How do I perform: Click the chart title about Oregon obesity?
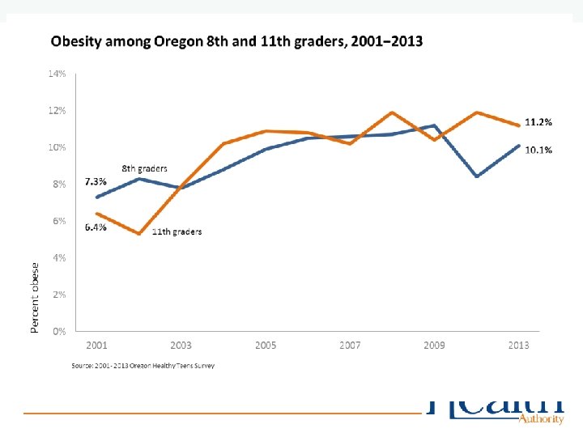236,41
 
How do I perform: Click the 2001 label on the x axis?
97,346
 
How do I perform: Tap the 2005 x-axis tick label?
266,346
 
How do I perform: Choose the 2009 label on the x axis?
434,346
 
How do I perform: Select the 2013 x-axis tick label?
518,346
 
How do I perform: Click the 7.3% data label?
96,183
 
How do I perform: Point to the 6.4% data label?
96,227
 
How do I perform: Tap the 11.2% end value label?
538,122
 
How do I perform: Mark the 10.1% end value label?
538,151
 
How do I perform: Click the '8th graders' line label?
145,168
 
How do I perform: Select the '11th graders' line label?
177,232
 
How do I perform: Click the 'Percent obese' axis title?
35,297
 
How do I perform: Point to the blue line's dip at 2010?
477,176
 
